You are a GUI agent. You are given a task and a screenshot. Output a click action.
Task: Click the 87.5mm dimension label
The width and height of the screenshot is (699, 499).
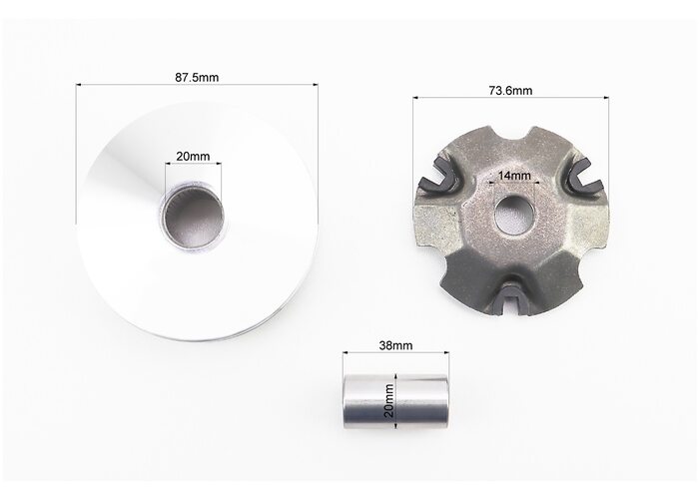(197, 78)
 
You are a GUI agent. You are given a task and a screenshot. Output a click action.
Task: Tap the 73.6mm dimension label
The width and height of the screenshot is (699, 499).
(510, 91)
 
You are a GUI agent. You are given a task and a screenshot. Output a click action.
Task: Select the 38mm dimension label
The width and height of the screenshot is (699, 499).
(395, 345)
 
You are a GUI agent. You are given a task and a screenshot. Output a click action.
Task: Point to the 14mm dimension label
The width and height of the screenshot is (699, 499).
(514, 176)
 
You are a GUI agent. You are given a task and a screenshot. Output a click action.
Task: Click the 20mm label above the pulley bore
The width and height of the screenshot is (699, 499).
(193, 157)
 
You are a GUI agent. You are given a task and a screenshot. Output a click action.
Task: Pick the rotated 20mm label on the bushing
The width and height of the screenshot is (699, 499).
(389, 400)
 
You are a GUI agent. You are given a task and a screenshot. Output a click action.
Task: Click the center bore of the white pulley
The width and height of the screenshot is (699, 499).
(194, 216)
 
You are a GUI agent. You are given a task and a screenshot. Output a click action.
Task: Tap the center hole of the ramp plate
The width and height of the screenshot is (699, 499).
(514, 216)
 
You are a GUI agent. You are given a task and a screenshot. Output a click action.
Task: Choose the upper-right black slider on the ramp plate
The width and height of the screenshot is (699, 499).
(586, 175)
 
